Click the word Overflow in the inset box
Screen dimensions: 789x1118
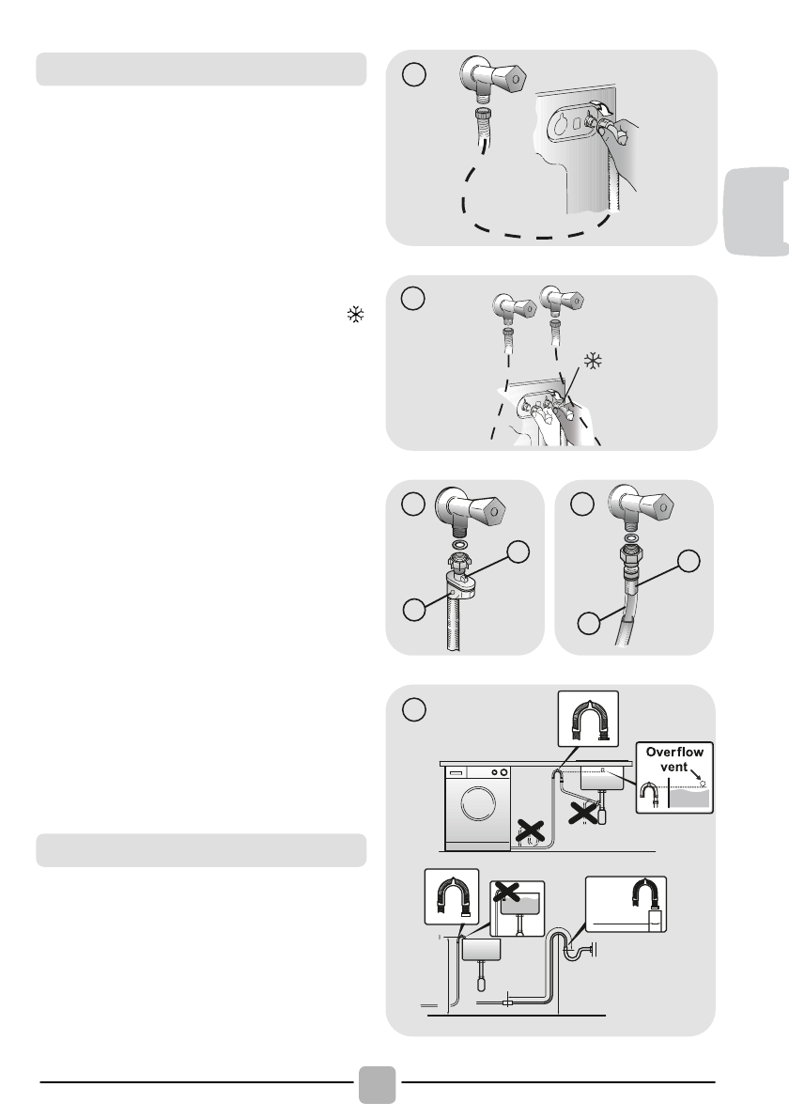[x=674, y=753]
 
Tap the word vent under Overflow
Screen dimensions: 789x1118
[x=673, y=768]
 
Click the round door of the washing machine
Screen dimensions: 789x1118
[x=478, y=803]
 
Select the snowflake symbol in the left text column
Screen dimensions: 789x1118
[x=356, y=315]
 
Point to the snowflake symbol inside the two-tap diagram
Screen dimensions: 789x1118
[x=593, y=361]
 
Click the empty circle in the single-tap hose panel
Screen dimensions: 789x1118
[x=414, y=74]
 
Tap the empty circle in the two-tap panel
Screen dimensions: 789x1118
[x=412, y=298]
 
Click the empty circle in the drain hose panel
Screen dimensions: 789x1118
[x=414, y=709]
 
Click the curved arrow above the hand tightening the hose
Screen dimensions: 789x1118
[x=604, y=108]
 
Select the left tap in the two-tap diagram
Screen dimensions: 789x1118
[x=513, y=307]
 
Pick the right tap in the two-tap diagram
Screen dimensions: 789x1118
[x=562, y=300]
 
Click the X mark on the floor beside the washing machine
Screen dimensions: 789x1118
[x=531, y=831]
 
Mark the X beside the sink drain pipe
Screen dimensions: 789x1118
[x=582, y=811]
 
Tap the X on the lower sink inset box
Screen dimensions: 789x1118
[x=507, y=891]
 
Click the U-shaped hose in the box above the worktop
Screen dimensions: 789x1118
[x=588, y=721]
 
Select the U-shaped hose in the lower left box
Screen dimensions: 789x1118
[x=452, y=898]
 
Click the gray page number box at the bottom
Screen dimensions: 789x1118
[x=377, y=1084]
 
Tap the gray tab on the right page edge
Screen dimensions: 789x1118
[x=756, y=211]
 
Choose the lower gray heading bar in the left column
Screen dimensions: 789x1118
[x=201, y=850]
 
